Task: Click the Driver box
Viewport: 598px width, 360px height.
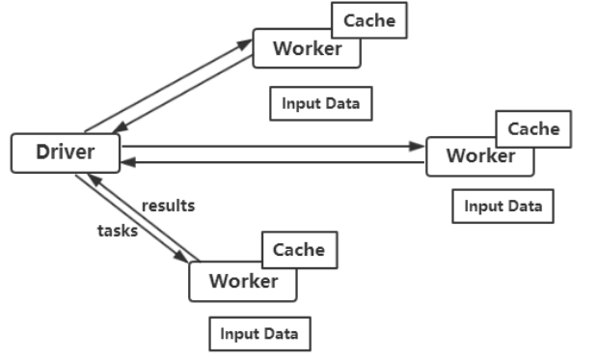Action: [x=66, y=153]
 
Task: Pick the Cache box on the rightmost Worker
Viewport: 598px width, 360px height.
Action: [x=533, y=129]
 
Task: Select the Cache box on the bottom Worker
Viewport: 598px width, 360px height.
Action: [x=299, y=250]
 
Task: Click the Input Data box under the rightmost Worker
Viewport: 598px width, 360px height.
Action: [x=503, y=206]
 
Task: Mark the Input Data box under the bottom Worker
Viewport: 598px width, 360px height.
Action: [x=259, y=334]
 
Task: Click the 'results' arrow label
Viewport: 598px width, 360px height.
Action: [x=168, y=206]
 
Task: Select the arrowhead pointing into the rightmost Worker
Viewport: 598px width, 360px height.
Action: [x=419, y=147]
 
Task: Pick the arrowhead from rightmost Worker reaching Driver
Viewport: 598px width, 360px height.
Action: [x=128, y=161]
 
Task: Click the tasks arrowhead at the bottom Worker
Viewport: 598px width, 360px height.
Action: [x=181, y=259]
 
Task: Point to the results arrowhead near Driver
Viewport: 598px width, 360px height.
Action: [x=93, y=180]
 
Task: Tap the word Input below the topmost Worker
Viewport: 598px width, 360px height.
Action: [x=300, y=103]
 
